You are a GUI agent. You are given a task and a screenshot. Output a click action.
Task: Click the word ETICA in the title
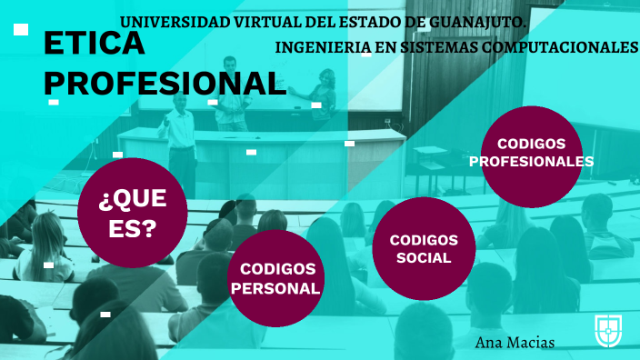(94, 44)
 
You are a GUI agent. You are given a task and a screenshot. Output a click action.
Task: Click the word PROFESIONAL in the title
(165, 84)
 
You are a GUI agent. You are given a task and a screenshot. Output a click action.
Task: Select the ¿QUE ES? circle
(133, 213)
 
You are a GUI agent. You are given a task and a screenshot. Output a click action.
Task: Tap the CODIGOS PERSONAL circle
(277, 278)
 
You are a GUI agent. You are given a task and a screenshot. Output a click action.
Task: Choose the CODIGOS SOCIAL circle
(424, 248)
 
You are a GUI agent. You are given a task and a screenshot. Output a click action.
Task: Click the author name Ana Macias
(515, 342)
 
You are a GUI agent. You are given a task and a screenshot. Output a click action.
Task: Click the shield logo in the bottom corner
(608, 330)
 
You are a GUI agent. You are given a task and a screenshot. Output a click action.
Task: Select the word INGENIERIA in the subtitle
(318, 47)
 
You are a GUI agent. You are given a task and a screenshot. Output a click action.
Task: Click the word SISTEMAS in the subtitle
(441, 47)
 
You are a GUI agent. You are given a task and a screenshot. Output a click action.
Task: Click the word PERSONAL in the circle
(277, 288)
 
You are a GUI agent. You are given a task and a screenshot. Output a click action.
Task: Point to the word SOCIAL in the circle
(424, 257)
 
